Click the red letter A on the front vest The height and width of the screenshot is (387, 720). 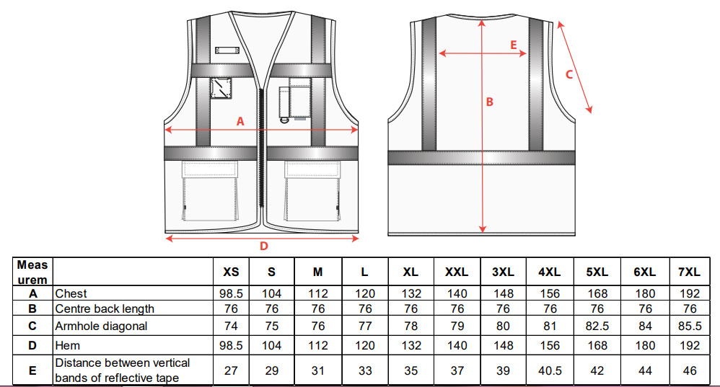point(240,122)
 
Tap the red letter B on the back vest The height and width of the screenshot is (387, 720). point(489,102)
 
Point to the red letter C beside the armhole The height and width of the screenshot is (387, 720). point(569,74)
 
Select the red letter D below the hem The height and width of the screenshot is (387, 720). point(263,246)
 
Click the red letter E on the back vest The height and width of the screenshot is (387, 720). point(514,45)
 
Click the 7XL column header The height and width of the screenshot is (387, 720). point(689,272)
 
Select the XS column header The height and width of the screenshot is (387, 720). point(231,272)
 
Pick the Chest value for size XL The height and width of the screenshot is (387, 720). point(411,293)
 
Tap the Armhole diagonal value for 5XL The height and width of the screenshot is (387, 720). point(597,326)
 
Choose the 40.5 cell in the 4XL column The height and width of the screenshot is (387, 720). point(549,370)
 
